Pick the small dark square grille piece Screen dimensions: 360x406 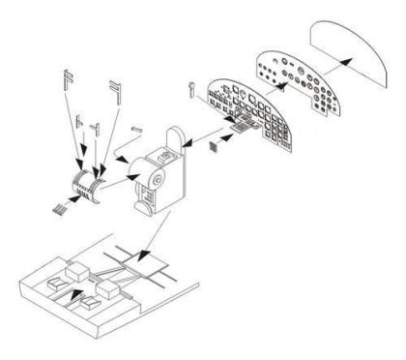coord(215,147)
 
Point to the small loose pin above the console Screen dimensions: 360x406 coord(135,129)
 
